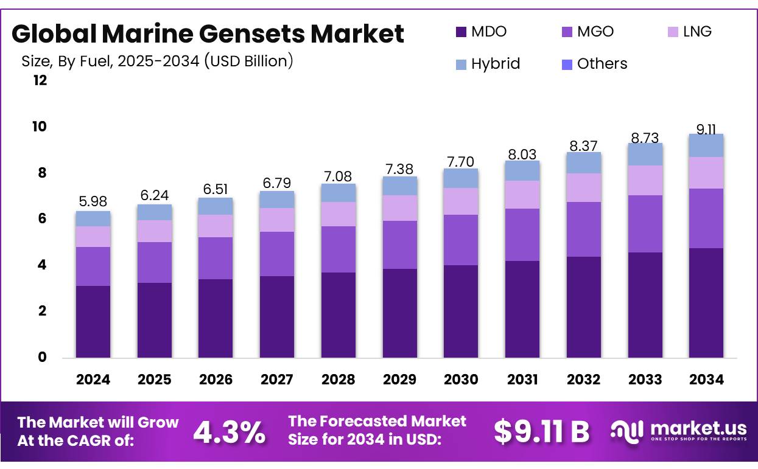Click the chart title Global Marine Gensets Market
pyautogui.click(x=208, y=34)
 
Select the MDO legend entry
pyautogui.click(x=480, y=32)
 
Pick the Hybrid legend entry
pyautogui.click(x=487, y=64)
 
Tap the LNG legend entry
pyautogui.click(x=689, y=32)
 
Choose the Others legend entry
pyautogui.click(x=594, y=64)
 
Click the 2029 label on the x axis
pyautogui.click(x=399, y=380)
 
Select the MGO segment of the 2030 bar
pyautogui.click(x=461, y=240)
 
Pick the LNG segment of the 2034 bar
pyautogui.click(x=706, y=173)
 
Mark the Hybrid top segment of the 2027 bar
pyautogui.click(x=277, y=200)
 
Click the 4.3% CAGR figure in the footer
pyautogui.click(x=229, y=433)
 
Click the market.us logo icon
pyautogui.click(x=626, y=431)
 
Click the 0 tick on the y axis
pyautogui.click(x=42, y=357)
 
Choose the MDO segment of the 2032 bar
pyautogui.click(x=583, y=307)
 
